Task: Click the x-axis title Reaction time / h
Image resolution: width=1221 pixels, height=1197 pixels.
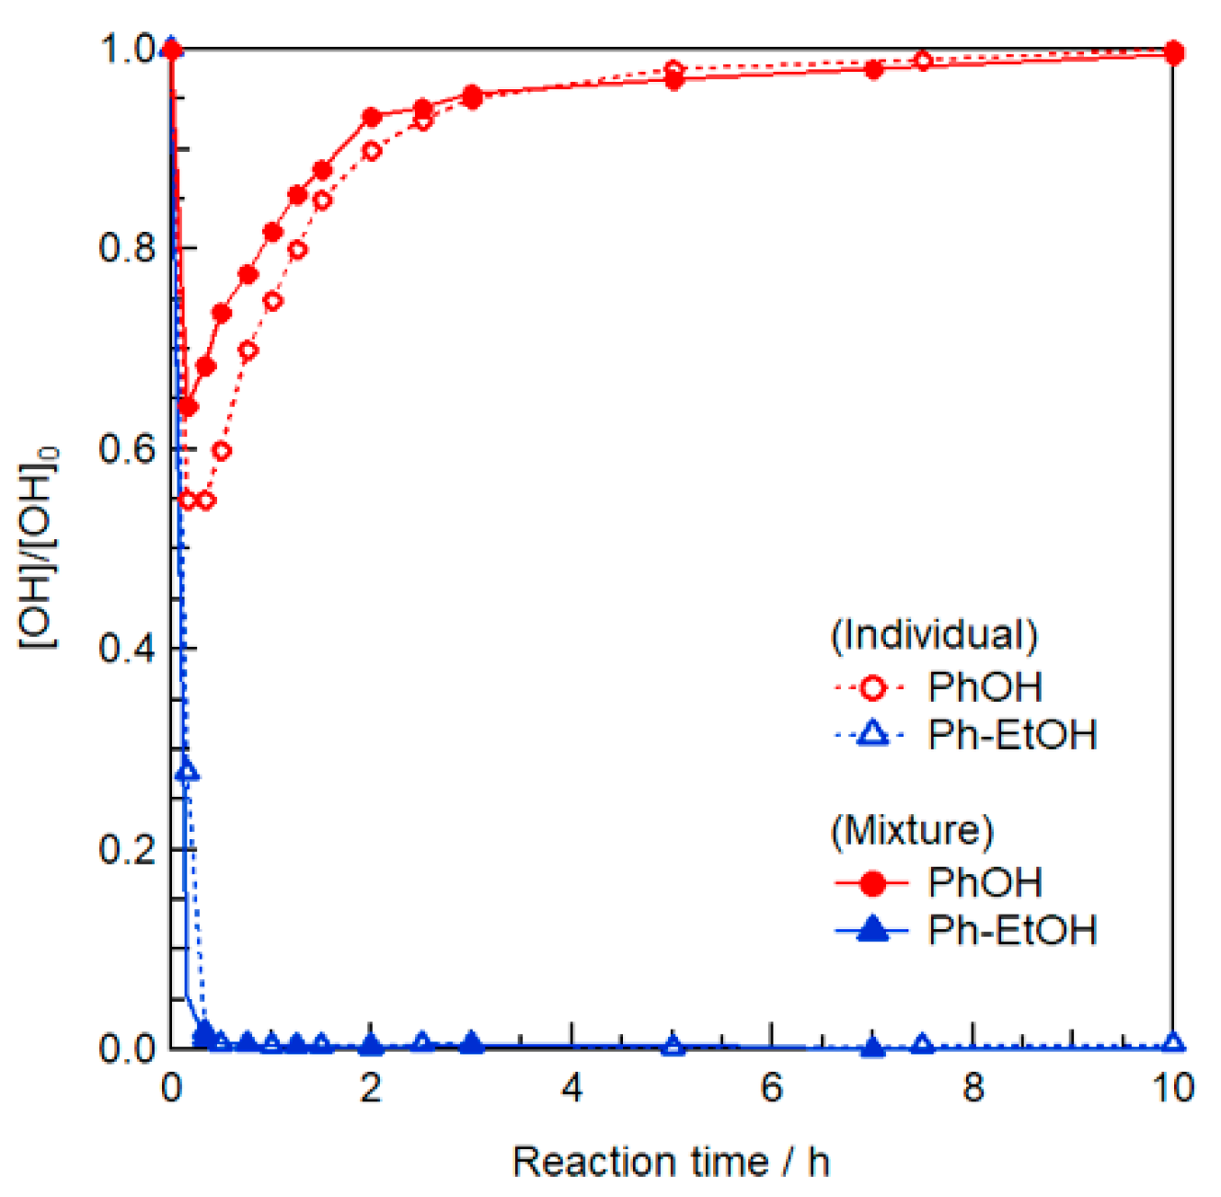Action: (x=671, y=1162)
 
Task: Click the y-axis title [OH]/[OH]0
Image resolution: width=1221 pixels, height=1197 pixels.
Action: (x=39, y=548)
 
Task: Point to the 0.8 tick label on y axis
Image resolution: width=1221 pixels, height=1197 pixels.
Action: (x=129, y=248)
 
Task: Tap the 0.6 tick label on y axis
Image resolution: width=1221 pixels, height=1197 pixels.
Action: (x=129, y=448)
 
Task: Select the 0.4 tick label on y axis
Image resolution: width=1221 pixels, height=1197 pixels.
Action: (x=129, y=649)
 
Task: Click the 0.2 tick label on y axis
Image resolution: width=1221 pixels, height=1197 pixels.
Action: (x=129, y=848)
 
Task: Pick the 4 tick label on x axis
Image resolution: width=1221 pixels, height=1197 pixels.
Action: (x=571, y=1088)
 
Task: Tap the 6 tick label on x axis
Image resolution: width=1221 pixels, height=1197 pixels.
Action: (x=771, y=1088)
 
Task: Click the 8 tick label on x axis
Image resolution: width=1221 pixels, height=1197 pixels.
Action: (x=973, y=1088)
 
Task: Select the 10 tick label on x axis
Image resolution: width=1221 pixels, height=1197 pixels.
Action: (x=1172, y=1088)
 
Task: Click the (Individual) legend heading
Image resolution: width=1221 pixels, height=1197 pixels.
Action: (x=934, y=635)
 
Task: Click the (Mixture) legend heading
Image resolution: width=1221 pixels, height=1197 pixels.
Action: (x=912, y=830)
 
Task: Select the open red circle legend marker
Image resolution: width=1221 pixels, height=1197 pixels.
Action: (x=872, y=687)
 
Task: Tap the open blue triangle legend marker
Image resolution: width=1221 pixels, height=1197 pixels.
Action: (x=872, y=734)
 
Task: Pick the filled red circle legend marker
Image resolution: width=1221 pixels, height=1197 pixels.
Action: (x=872, y=883)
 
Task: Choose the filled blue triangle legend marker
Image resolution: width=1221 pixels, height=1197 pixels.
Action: (x=872, y=930)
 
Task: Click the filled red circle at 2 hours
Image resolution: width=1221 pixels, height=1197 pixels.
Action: (x=372, y=118)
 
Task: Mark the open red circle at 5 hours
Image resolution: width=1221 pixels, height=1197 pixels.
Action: (x=674, y=70)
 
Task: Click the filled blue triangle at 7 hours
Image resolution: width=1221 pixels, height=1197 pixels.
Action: (x=873, y=1047)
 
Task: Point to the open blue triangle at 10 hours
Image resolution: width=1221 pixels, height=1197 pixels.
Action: (x=1173, y=1042)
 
